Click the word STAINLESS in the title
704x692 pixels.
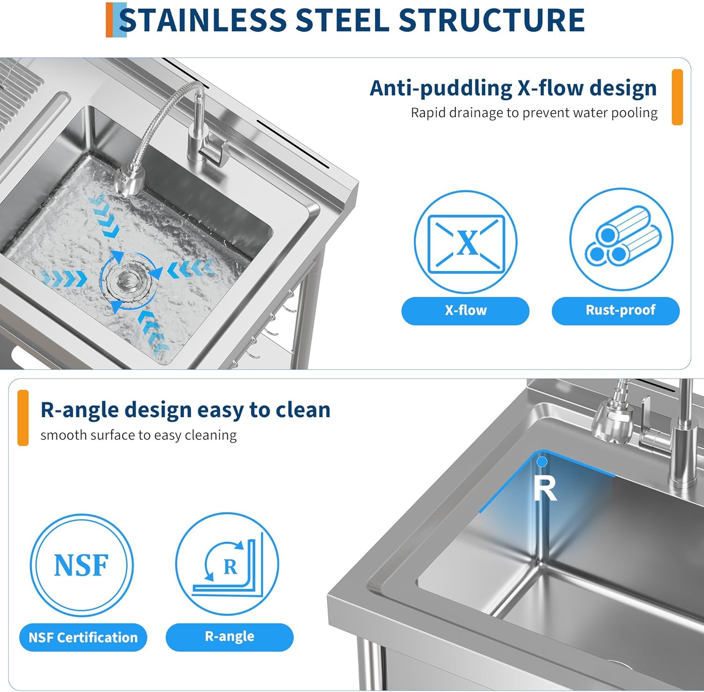203,20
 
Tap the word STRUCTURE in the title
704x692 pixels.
491,20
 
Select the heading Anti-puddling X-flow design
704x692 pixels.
513,88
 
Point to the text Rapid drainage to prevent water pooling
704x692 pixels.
534,113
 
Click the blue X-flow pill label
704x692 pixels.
465,310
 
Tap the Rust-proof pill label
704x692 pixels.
616,310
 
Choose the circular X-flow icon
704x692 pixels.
465,242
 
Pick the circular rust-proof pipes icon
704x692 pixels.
621,240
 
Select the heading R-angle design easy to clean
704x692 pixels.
185,410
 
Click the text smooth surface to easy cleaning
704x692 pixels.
138,435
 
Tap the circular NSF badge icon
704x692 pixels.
82,565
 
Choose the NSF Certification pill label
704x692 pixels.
83,638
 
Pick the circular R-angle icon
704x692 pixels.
227,564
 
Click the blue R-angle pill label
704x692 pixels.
230,637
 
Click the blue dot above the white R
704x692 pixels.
542,462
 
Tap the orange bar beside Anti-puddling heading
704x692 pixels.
677,97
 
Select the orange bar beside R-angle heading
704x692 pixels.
23,418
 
